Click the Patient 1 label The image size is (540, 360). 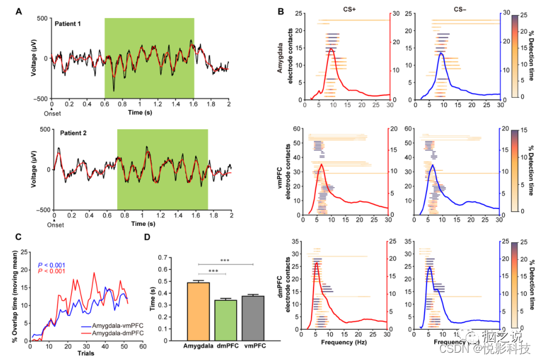(72, 25)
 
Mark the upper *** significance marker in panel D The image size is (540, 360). (224, 260)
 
